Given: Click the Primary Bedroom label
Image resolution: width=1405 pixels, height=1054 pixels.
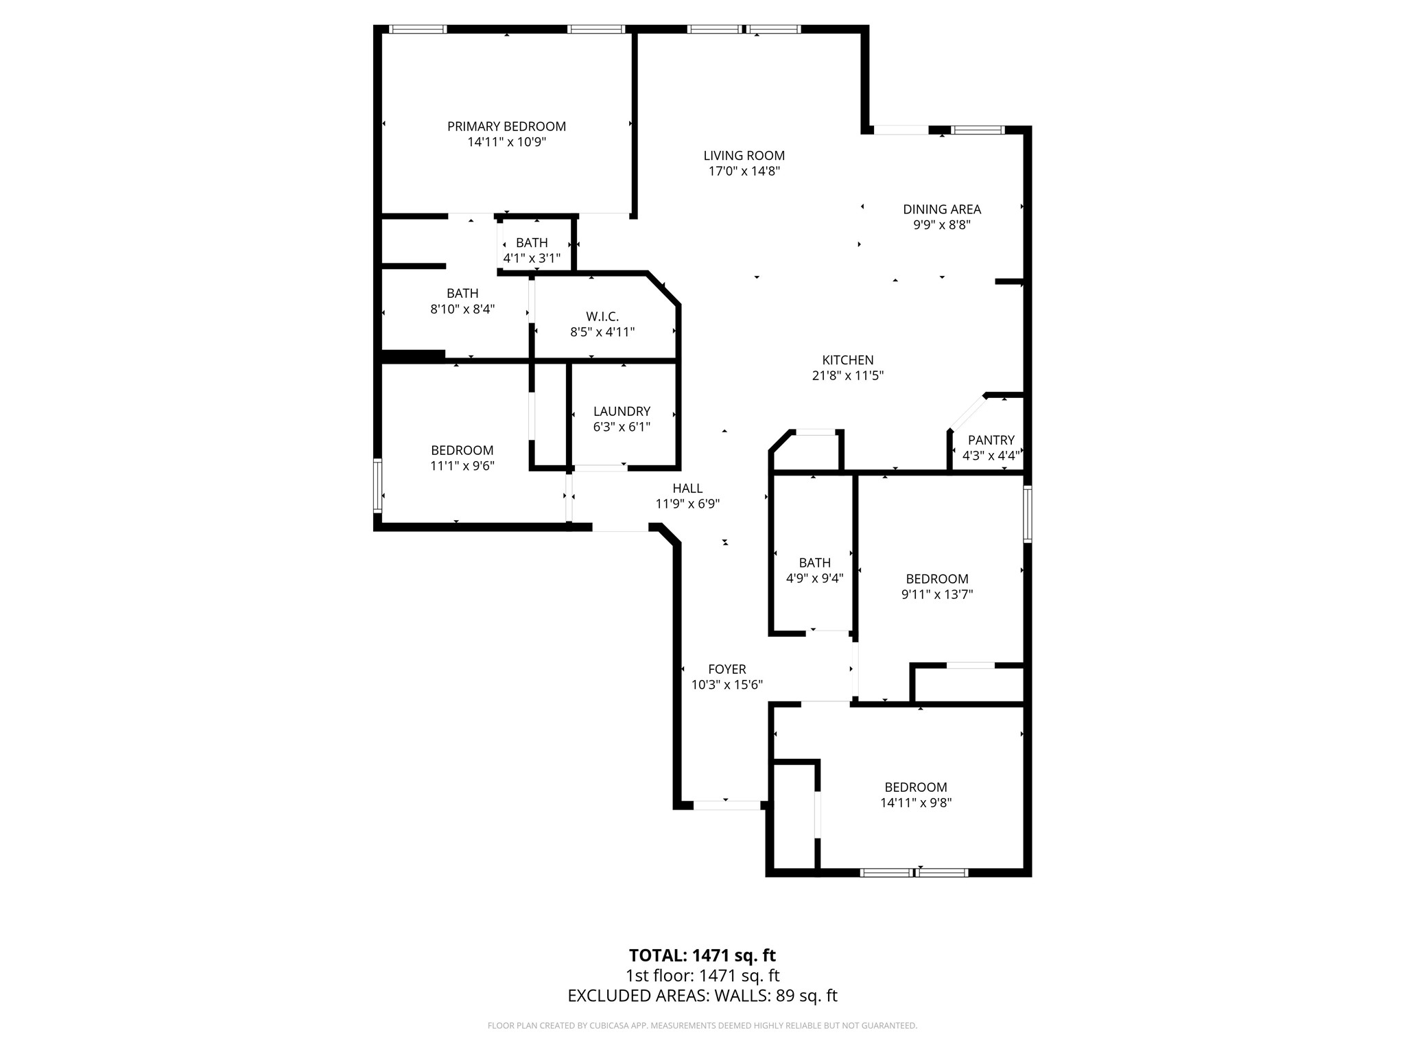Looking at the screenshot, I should pos(506,126).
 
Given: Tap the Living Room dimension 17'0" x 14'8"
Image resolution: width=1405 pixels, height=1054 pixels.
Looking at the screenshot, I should pos(744,172).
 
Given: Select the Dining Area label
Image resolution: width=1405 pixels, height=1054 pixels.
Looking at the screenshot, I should pos(941,209).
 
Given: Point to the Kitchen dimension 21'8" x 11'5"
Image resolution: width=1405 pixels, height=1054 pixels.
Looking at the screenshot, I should pos(847,376).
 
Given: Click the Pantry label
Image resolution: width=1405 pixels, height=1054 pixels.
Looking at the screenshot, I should pos(991,441).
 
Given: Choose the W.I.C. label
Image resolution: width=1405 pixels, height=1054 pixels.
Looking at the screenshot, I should pos(602,316).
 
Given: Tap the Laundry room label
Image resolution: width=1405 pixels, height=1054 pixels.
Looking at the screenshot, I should pos(621,411).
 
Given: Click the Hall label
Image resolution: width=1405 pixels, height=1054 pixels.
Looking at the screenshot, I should pos(687,488).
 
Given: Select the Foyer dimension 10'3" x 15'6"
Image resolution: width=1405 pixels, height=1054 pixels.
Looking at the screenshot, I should pos(727,685).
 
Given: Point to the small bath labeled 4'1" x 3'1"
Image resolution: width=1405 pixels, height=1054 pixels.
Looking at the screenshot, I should pos(532,250).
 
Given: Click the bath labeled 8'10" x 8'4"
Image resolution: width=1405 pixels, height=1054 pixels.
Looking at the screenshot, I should pos(462,301).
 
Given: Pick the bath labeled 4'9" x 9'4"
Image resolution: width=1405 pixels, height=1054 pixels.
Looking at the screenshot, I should pos(814,570).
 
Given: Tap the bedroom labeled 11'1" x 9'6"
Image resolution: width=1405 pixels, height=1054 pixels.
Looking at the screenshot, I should pos(462,458).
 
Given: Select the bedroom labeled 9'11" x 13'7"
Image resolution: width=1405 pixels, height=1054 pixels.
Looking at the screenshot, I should pos(936,586).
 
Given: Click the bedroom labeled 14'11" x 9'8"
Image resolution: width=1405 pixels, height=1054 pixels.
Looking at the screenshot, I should pos(915,795).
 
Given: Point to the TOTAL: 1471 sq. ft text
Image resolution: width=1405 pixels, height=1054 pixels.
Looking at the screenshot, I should pos(702,955).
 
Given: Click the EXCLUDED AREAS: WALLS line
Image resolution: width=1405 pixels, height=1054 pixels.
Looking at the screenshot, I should pos(702,996).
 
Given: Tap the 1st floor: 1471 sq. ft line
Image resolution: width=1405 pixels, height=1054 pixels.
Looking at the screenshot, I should pos(702,976).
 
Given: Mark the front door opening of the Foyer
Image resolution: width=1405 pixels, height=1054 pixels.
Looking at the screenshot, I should pos(726,805).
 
